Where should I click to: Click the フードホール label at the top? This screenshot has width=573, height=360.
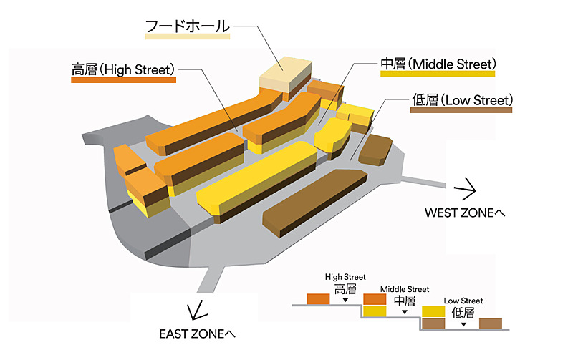pyautogui.click(x=187, y=26)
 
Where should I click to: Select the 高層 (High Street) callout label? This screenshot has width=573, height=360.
pyautogui.click(x=123, y=69)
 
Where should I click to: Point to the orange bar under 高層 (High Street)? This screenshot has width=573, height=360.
pyautogui.click(x=124, y=81)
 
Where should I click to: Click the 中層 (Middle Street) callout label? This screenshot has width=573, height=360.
pyautogui.click(x=437, y=64)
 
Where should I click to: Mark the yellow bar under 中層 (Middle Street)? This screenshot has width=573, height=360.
pyautogui.click(x=437, y=74)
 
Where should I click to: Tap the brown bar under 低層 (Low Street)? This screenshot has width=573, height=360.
pyautogui.click(x=462, y=110)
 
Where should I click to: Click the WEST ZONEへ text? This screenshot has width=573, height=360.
pyautogui.click(x=465, y=213)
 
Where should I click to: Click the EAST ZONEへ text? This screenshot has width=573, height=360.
pyautogui.click(x=197, y=334)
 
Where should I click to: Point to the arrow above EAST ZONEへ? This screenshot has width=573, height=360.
pyautogui.click(x=193, y=312)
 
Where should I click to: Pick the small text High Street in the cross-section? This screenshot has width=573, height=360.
pyautogui.click(x=345, y=276)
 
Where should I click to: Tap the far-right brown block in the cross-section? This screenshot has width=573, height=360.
pyautogui.click(x=490, y=323)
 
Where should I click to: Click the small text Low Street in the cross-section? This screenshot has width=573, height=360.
pyautogui.click(x=463, y=301)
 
